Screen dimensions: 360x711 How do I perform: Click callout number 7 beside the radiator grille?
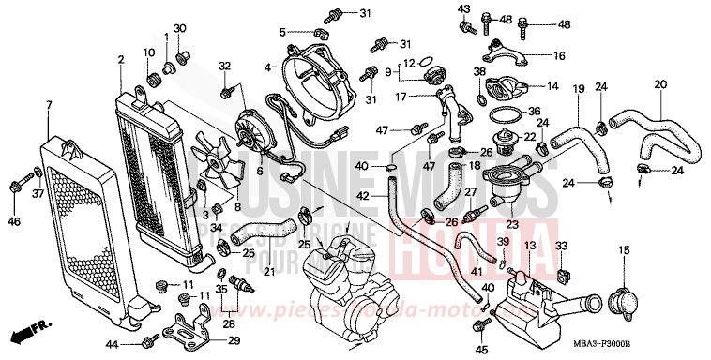[x=48, y=104]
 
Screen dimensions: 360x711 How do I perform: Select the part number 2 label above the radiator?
[x=121, y=61]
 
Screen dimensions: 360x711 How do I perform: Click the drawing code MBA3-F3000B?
[x=667, y=344]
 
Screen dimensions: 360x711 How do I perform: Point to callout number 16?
[x=559, y=55]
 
